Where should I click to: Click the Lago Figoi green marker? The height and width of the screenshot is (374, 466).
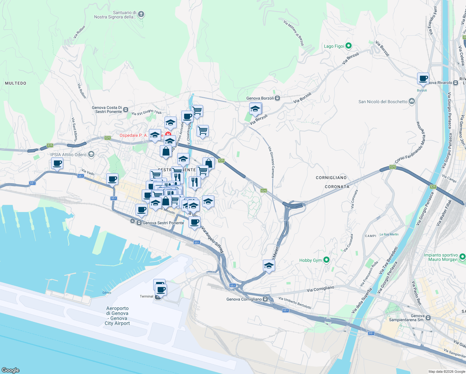tap(349, 46)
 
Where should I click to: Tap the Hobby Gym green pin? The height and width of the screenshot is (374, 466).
tap(326, 260)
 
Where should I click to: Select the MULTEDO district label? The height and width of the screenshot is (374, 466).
tap(16, 83)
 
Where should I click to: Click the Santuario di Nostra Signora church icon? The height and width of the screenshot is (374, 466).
tap(141, 14)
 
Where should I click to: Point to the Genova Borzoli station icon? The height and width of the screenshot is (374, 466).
tap(277, 98)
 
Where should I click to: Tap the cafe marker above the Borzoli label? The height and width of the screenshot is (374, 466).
tap(423, 79)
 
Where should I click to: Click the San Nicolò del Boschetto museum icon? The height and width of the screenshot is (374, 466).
tap(412, 101)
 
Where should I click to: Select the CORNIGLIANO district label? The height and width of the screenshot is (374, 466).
tap(331, 178)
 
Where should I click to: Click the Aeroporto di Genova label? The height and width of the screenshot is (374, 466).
tap(117, 316)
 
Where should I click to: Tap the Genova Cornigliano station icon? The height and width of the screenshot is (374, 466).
tap(265, 299)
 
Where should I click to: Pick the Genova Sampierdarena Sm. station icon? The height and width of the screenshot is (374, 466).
tap(428, 318)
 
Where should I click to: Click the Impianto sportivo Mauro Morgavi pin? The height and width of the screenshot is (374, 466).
tap(462, 257)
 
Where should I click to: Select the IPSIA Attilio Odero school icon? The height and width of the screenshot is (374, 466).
tap(91, 154)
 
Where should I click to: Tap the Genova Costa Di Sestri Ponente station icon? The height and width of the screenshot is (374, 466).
tap(126, 110)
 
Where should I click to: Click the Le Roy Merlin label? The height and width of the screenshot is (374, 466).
tap(389, 234)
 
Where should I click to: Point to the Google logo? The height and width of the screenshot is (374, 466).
tap(10, 370)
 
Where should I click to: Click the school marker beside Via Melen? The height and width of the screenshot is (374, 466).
tap(269, 266)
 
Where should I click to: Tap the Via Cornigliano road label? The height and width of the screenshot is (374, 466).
tap(320, 289)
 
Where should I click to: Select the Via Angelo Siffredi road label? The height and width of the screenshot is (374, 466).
tap(213, 240)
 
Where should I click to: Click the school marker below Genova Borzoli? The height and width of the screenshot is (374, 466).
tap(255, 109)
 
